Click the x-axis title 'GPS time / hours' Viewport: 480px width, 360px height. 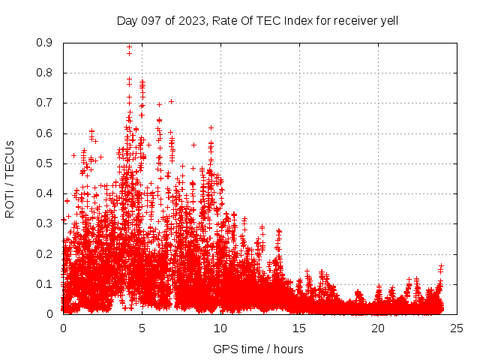[258, 349]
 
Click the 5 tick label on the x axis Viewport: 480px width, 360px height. [142, 328]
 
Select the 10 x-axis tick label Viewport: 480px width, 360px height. [220, 328]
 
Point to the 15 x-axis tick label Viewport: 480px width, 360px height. [299, 328]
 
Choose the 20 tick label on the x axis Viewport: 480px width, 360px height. [378, 328]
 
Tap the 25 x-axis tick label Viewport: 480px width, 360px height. [457, 328]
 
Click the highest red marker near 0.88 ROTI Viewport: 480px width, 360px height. [129, 47]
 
